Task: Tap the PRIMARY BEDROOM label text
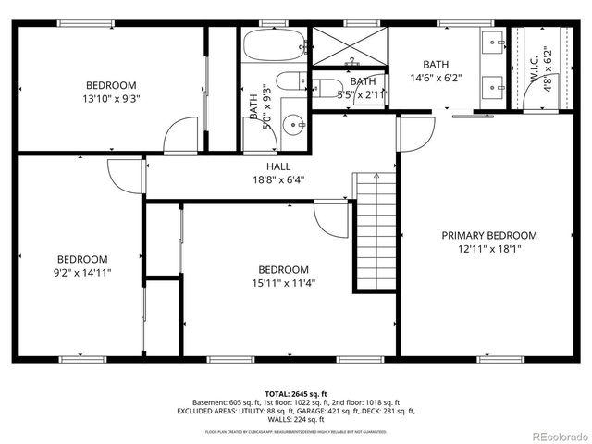[488, 236]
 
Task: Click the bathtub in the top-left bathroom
[274, 43]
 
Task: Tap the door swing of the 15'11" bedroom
[329, 218]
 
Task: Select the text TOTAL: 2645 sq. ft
[295, 393]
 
